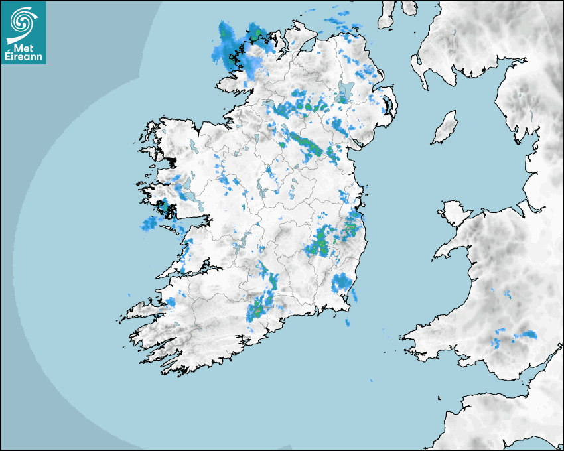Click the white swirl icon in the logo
(x=22, y=21)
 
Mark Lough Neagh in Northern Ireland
(x=344, y=92)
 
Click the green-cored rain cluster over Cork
(x=261, y=305)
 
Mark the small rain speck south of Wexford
(x=347, y=322)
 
